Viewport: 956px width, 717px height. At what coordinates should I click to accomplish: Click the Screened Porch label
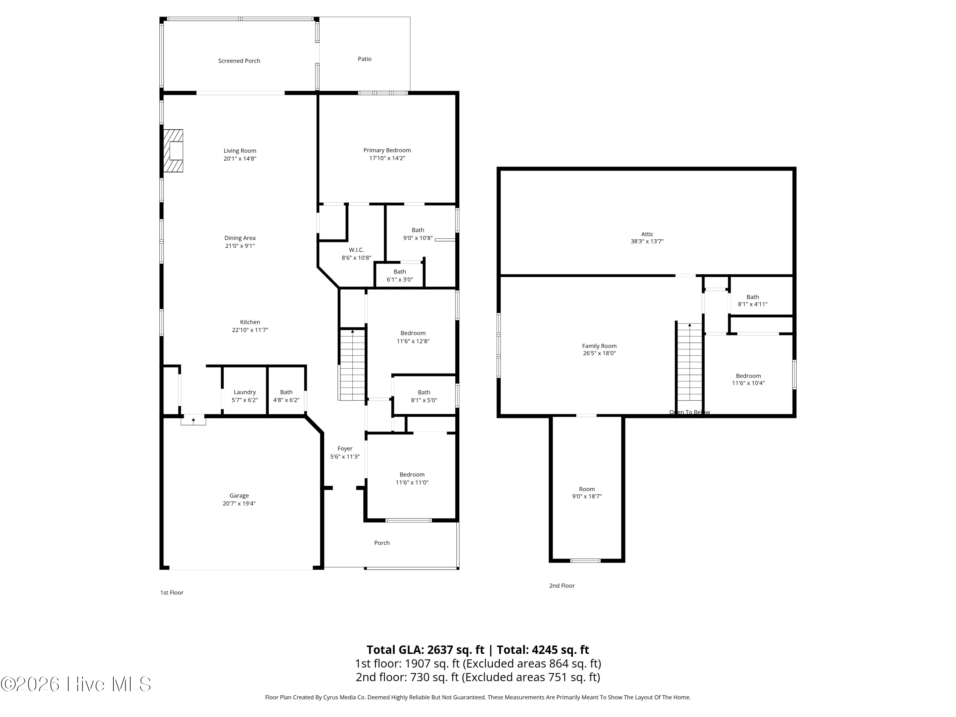click(x=239, y=61)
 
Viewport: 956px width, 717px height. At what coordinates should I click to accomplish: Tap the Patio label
click(x=364, y=59)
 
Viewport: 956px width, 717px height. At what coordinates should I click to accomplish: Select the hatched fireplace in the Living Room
click(x=173, y=151)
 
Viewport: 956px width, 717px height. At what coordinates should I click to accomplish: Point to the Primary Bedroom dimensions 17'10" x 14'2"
click(x=387, y=158)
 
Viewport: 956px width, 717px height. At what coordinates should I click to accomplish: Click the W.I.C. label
click(x=356, y=250)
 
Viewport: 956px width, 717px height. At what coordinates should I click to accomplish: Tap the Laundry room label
click(x=245, y=392)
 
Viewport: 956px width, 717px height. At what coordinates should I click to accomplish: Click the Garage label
click(x=239, y=496)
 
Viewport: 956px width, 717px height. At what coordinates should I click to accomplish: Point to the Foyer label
click(x=345, y=449)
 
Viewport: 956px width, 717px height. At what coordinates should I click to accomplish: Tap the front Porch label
click(x=382, y=543)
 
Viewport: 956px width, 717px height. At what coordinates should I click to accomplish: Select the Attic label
click(x=647, y=234)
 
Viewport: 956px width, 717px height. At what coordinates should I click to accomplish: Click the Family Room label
click(x=599, y=346)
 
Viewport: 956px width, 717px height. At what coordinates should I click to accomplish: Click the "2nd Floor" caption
click(x=562, y=586)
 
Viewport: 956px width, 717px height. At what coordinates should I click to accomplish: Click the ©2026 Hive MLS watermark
click(x=76, y=684)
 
